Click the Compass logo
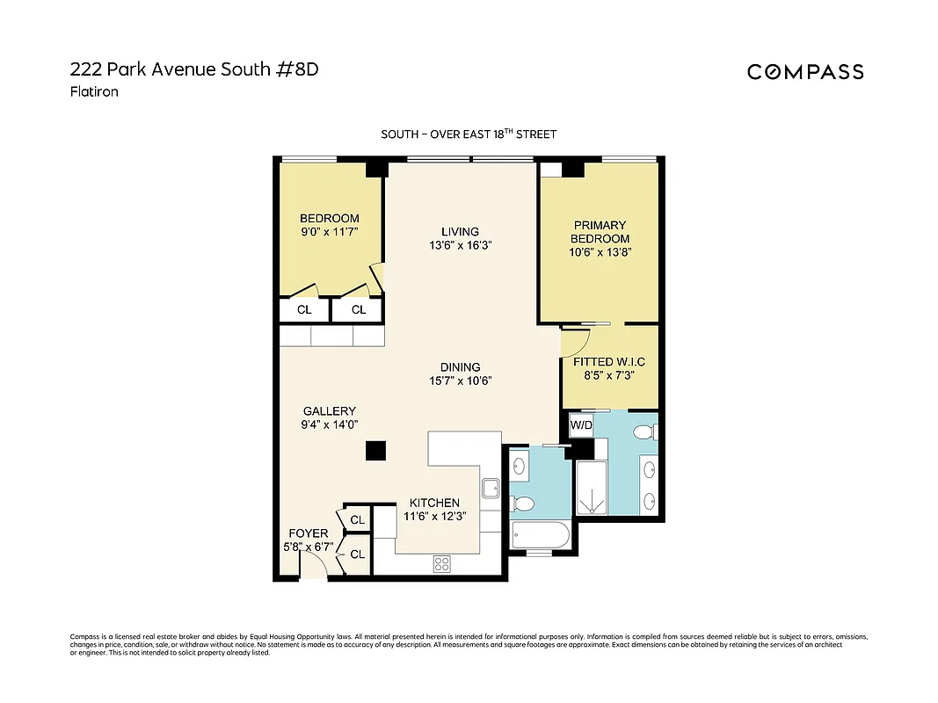click(805, 72)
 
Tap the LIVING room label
click(460, 232)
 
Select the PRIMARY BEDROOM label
click(600, 232)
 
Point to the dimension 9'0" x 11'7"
click(329, 232)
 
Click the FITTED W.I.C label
click(609, 361)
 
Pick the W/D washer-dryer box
click(580, 426)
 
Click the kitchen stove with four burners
click(442, 564)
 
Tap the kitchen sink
click(491, 487)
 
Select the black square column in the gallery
click(375, 450)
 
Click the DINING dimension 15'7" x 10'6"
click(460, 380)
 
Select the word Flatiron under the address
click(93, 91)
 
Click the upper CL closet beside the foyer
click(357, 520)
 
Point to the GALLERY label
click(329, 411)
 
